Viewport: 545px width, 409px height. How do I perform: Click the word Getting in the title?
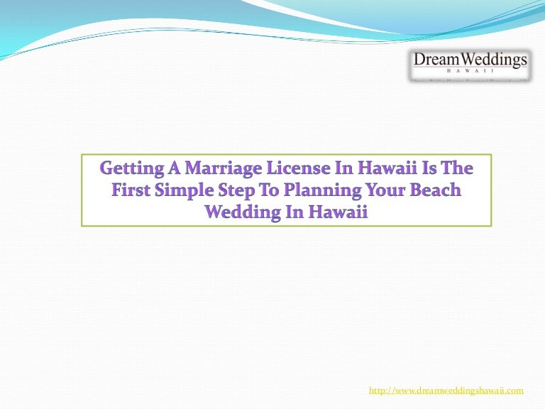pos(132,170)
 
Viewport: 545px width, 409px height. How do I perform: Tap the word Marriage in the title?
pos(223,170)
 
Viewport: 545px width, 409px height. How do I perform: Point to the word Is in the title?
pos(431,168)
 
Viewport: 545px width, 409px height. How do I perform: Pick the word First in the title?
pos(131,190)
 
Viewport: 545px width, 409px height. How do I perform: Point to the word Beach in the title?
pos(436,190)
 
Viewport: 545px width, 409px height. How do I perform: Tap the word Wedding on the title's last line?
pos(243,213)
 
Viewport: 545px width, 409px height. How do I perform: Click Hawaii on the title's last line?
pos(338,212)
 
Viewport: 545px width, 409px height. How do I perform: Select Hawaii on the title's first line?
pos(387,168)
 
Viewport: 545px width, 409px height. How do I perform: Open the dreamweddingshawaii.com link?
pos(446,391)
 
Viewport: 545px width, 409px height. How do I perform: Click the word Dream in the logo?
pos(437,60)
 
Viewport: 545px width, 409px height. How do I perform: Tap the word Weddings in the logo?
pos(494,60)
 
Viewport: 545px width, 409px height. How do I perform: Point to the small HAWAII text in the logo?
pos(470,70)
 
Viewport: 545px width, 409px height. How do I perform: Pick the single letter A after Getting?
pos(175,168)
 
